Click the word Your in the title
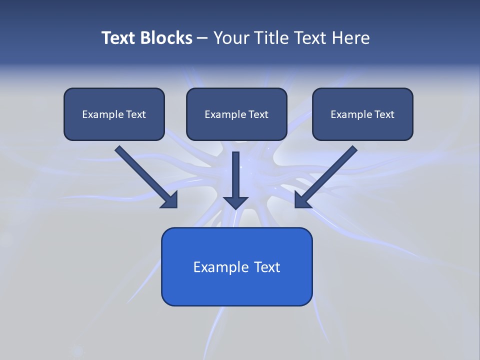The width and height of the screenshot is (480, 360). (230, 38)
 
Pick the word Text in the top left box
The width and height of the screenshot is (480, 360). (135, 114)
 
